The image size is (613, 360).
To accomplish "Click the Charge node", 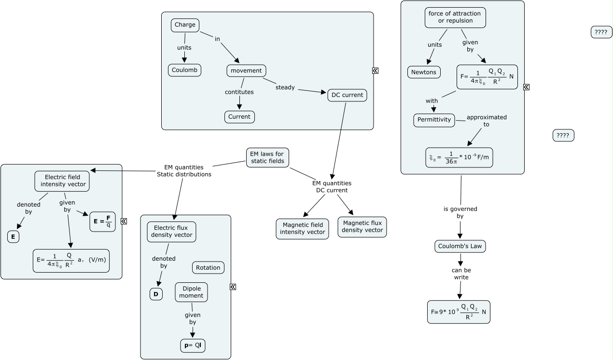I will tap(185, 25).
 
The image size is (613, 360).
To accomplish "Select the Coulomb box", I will tap(184, 70).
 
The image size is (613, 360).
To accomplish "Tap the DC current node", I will tap(347, 95).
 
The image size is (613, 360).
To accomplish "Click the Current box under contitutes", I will tap(239, 117).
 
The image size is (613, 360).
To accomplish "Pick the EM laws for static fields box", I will tap(267, 157).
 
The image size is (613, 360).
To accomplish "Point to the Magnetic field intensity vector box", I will tap(302, 229).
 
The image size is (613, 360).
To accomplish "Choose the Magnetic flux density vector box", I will tap(362, 227).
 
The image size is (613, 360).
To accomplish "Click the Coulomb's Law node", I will tap(460, 246).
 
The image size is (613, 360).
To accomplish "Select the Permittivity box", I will tap(434, 120).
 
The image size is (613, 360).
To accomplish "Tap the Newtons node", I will tap(424, 72).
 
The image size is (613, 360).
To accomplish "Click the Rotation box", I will tap(208, 268).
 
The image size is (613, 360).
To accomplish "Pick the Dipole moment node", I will tap(191, 292).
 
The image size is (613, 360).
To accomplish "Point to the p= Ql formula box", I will tap(193, 346).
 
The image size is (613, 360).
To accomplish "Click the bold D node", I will tap(156, 294).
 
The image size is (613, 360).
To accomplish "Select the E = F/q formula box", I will tap(102, 222).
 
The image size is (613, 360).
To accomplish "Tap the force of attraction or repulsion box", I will tap(455, 17).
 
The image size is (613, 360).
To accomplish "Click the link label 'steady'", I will tap(285, 87).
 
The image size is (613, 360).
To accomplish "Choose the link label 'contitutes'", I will tap(239, 92).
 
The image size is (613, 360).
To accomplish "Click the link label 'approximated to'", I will tap(486, 121).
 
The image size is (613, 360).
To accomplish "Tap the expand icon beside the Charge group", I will tap(375, 70).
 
